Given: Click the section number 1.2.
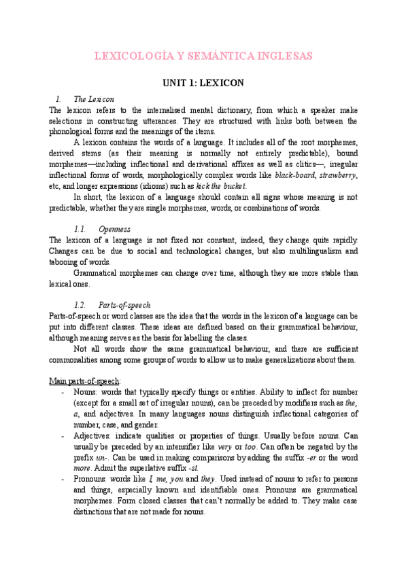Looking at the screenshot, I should click(80, 305).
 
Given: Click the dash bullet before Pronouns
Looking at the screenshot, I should click(63, 479).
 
